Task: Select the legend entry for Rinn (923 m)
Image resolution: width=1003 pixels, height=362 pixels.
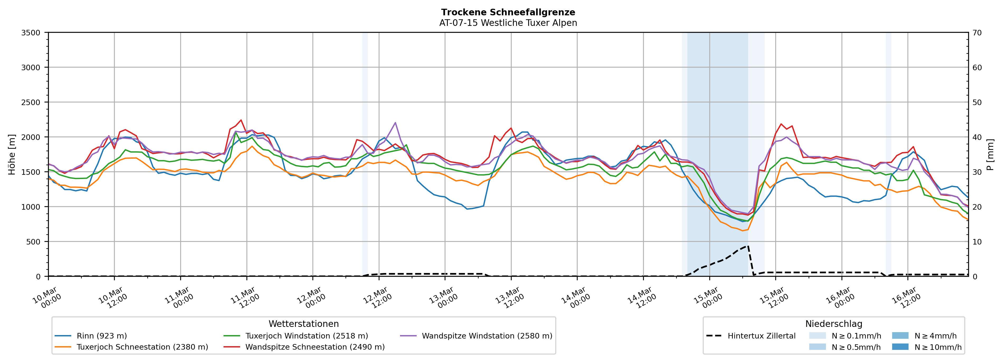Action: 102,336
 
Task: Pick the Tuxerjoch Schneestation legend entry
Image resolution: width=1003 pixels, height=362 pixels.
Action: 142,347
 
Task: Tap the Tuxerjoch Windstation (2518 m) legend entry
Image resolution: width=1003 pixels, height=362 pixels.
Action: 306,336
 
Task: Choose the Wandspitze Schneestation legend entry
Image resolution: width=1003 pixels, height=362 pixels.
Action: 315,347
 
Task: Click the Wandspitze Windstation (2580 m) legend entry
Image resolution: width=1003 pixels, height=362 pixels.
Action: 487,336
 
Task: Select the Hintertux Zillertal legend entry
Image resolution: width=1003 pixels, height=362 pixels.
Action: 761,336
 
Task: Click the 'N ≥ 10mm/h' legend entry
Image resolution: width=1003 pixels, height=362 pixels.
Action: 938,347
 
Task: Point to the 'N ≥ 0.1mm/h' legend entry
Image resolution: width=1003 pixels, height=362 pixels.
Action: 856,336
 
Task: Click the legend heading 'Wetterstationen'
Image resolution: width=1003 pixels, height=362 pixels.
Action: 304,324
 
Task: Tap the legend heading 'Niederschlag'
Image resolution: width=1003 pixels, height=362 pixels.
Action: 834,324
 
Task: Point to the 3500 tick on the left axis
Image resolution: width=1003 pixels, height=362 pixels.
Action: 31,33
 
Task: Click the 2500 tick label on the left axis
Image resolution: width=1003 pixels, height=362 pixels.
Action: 31,102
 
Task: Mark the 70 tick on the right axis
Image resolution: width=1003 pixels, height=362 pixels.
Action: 977,33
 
